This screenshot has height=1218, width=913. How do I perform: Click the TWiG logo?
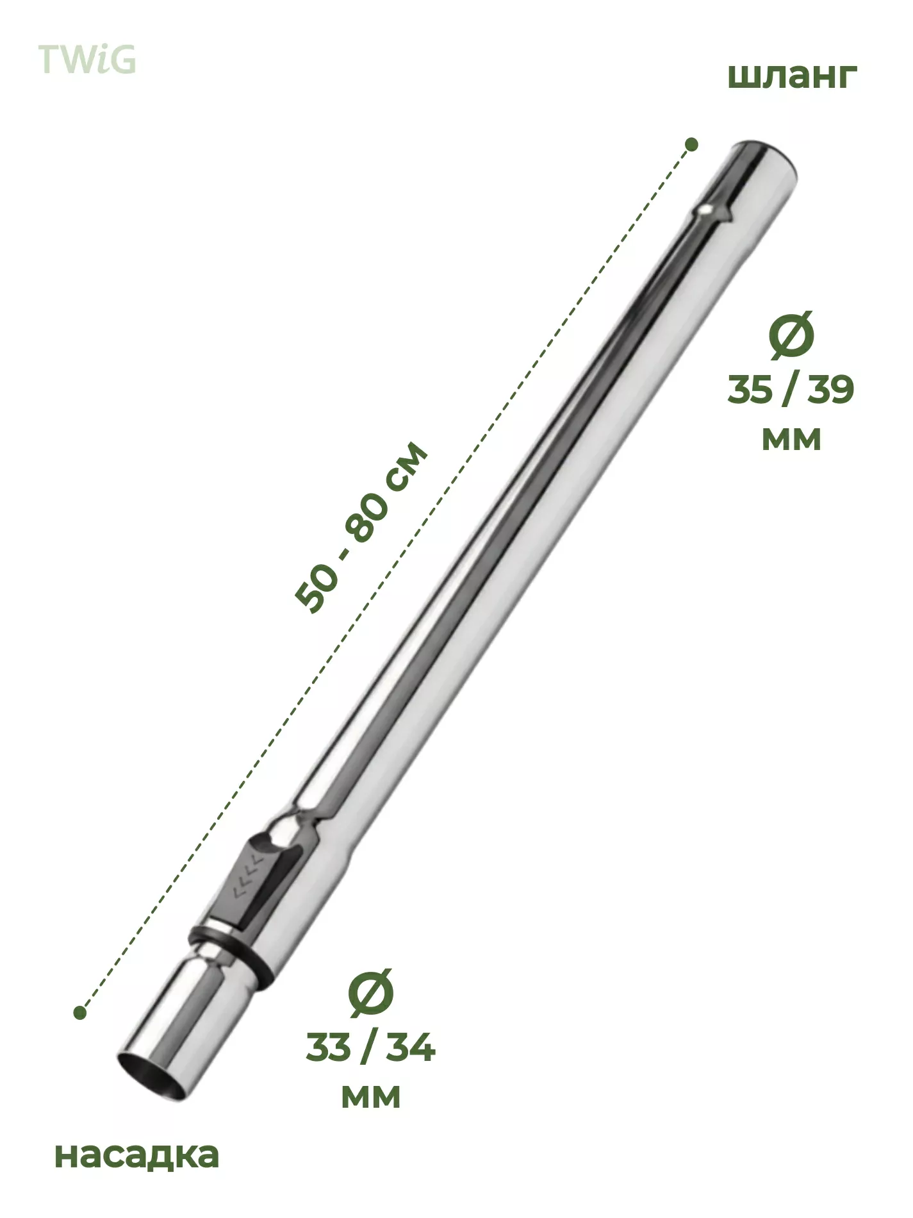(87, 60)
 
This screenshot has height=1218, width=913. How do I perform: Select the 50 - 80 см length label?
(361, 527)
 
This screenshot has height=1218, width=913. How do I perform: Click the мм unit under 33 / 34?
(370, 1098)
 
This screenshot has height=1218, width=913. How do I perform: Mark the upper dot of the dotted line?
(691, 145)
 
